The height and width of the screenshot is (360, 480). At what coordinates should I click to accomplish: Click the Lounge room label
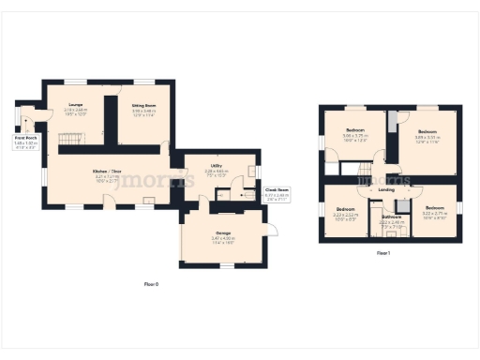click(76, 105)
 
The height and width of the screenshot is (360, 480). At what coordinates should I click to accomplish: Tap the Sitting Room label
click(142, 105)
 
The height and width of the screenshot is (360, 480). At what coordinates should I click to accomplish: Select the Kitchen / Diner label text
click(106, 172)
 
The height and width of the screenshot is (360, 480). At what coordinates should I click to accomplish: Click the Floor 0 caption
click(150, 283)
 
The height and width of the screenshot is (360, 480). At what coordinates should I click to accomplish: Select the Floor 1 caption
click(383, 253)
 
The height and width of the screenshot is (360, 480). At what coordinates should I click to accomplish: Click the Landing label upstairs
click(386, 190)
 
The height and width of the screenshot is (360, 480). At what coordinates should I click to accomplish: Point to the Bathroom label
click(392, 217)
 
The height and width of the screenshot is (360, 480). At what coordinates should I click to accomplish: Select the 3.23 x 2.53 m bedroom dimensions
click(346, 215)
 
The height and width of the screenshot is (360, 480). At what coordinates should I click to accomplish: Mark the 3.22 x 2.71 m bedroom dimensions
click(434, 214)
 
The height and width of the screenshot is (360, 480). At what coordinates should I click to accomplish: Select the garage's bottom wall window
click(223, 266)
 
